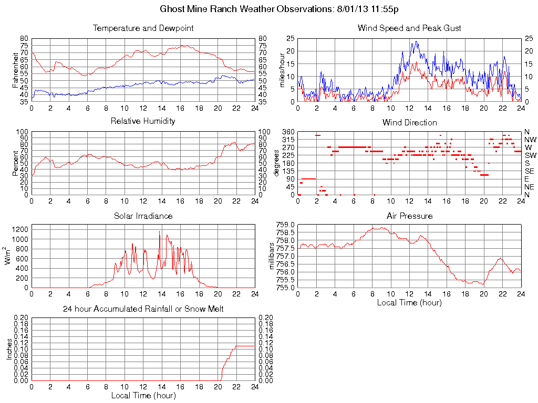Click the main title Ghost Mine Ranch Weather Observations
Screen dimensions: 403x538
click(279, 9)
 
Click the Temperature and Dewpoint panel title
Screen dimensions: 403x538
click(143, 28)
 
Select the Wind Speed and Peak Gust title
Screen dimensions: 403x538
click(409, 28)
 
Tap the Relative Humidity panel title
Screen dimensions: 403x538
click(143, 121)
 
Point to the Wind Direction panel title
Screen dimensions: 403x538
click(409, 122)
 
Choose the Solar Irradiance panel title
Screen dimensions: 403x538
click(143, 216)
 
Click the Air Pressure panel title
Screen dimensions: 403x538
click(409, 216)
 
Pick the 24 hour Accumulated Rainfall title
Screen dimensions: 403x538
click(143, 309)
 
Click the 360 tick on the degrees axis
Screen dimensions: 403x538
click(287, 132)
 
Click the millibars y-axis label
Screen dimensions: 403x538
click(272, 256)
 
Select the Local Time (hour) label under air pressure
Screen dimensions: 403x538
click(409, 302)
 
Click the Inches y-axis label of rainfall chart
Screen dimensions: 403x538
click(9, 349)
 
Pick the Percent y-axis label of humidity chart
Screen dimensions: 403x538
click(16, 163)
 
